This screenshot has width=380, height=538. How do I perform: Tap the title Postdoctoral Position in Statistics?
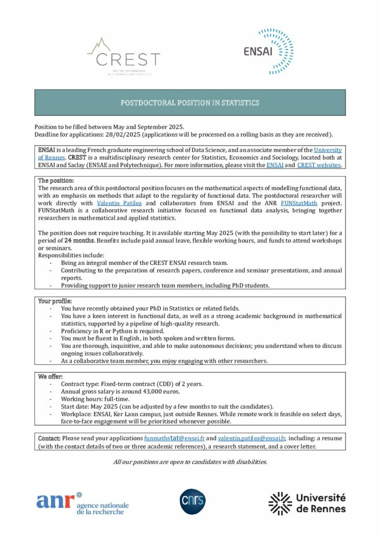pyautogui.click(x=190, y=103)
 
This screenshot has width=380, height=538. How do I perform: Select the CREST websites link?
pyautogui.click(x=320, y=165)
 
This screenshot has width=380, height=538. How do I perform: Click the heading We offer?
pyautogui.click(x=50, y=377)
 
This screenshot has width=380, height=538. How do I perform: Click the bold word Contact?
pyautogui.click(x=49, y=438)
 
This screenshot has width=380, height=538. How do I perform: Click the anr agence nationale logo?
pyautogui.click(x=82, y=503)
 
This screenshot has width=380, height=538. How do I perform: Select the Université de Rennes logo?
pyautogui.click(x=307, y=503)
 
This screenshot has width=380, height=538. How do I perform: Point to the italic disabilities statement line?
pyautogui.click(x=190, y=462)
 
